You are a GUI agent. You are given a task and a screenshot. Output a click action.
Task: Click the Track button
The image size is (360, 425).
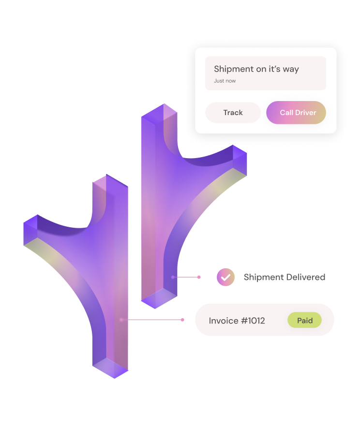point(233,113)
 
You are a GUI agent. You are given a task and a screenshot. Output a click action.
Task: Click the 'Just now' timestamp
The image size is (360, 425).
point(225,81)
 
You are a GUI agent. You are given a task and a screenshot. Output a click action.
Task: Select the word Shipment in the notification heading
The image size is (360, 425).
point(234,69)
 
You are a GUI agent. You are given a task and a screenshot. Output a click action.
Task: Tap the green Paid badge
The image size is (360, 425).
point(304,320)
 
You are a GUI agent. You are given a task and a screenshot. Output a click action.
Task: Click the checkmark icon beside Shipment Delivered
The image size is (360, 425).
point(225,277)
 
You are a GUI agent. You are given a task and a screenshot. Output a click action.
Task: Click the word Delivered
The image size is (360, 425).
point(304,277)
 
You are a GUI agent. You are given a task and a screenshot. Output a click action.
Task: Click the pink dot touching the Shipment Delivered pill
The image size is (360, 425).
point(199,277)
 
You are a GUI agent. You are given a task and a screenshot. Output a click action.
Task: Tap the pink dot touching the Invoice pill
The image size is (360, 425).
point(182,320)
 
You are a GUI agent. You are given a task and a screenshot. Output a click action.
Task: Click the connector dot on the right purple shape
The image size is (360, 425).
point(173,277)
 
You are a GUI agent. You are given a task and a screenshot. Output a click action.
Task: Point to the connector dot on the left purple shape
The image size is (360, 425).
point(121,320)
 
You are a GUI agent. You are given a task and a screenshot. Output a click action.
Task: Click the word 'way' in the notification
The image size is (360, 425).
point(291,69)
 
